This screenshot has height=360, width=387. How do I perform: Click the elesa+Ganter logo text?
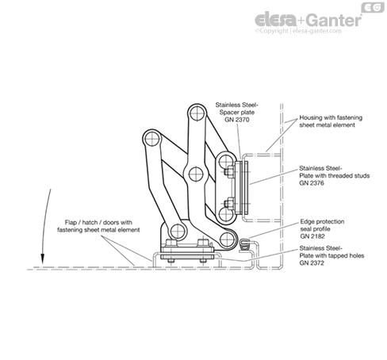(x=308, y=20)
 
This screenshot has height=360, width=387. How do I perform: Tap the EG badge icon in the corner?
(x=373, y=7)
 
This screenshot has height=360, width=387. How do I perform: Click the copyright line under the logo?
(x=298, y=31)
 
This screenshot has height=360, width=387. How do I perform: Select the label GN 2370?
(x=237, y=120)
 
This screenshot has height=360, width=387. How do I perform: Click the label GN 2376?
(x=312, y=183)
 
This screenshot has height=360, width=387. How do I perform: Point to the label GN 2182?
(x=312, y=236)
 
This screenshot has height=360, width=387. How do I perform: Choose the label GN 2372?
(x=312, y=263)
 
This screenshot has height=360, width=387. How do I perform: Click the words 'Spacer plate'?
(x=237, y=113)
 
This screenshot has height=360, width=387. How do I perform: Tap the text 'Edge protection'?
(x=322, y=221)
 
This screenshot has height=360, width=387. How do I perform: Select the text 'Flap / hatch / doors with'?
(x=98, y=222)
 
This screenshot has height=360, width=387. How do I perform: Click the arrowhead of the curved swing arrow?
(x=42, y=259)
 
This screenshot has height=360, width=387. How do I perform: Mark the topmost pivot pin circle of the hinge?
(x=197, y=113)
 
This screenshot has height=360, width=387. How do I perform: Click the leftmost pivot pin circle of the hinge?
(x=152, y=139)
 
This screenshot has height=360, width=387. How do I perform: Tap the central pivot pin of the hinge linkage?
(x=196, y=174)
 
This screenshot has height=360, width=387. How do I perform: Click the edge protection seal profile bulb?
(x=244, y=242)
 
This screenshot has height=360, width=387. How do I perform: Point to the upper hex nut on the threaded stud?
(x=228, y=172)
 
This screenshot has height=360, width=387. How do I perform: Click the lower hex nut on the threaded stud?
(x=228, y=204)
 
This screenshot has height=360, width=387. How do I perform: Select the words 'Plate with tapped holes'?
(x=331, y=255)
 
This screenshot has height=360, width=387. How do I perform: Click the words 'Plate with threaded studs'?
(x=335, y=175)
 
